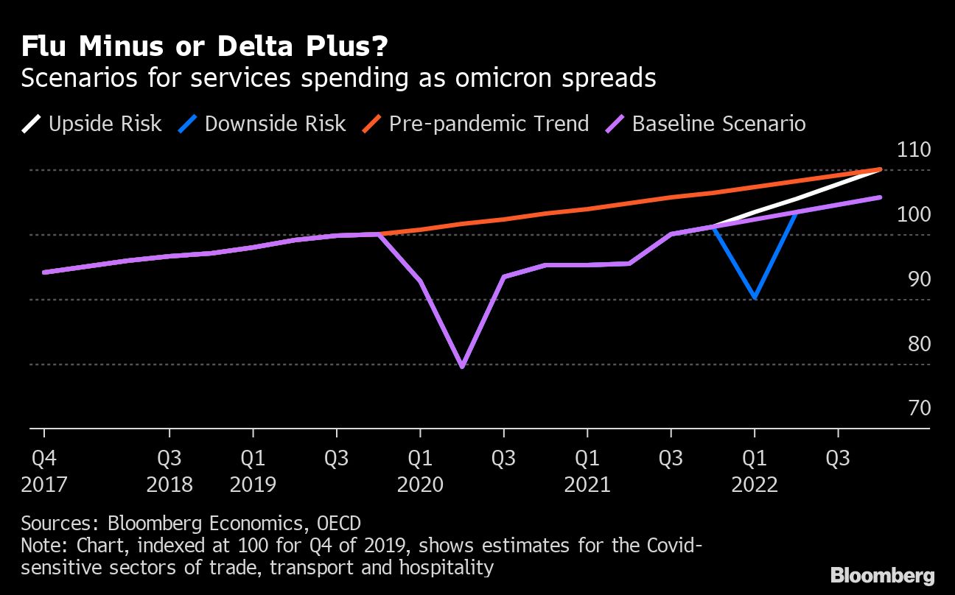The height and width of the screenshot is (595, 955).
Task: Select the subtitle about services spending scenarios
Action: pos(338,78)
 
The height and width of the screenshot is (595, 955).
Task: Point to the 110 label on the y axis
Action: pos(914,150)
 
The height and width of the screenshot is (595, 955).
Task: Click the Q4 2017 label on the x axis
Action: pos(44,471)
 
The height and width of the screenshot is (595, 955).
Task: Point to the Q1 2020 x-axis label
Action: pos(420,471)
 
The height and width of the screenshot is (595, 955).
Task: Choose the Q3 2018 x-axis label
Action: pos(169,471)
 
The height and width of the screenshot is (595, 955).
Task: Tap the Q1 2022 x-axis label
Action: pos(755,471)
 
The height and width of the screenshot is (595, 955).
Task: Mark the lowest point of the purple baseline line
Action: pos(462,366)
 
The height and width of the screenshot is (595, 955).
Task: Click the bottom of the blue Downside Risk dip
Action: pos(755,297)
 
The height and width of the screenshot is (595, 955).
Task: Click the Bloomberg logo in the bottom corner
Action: pos(882,575)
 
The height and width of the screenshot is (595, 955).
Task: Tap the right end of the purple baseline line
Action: pos(880,197)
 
